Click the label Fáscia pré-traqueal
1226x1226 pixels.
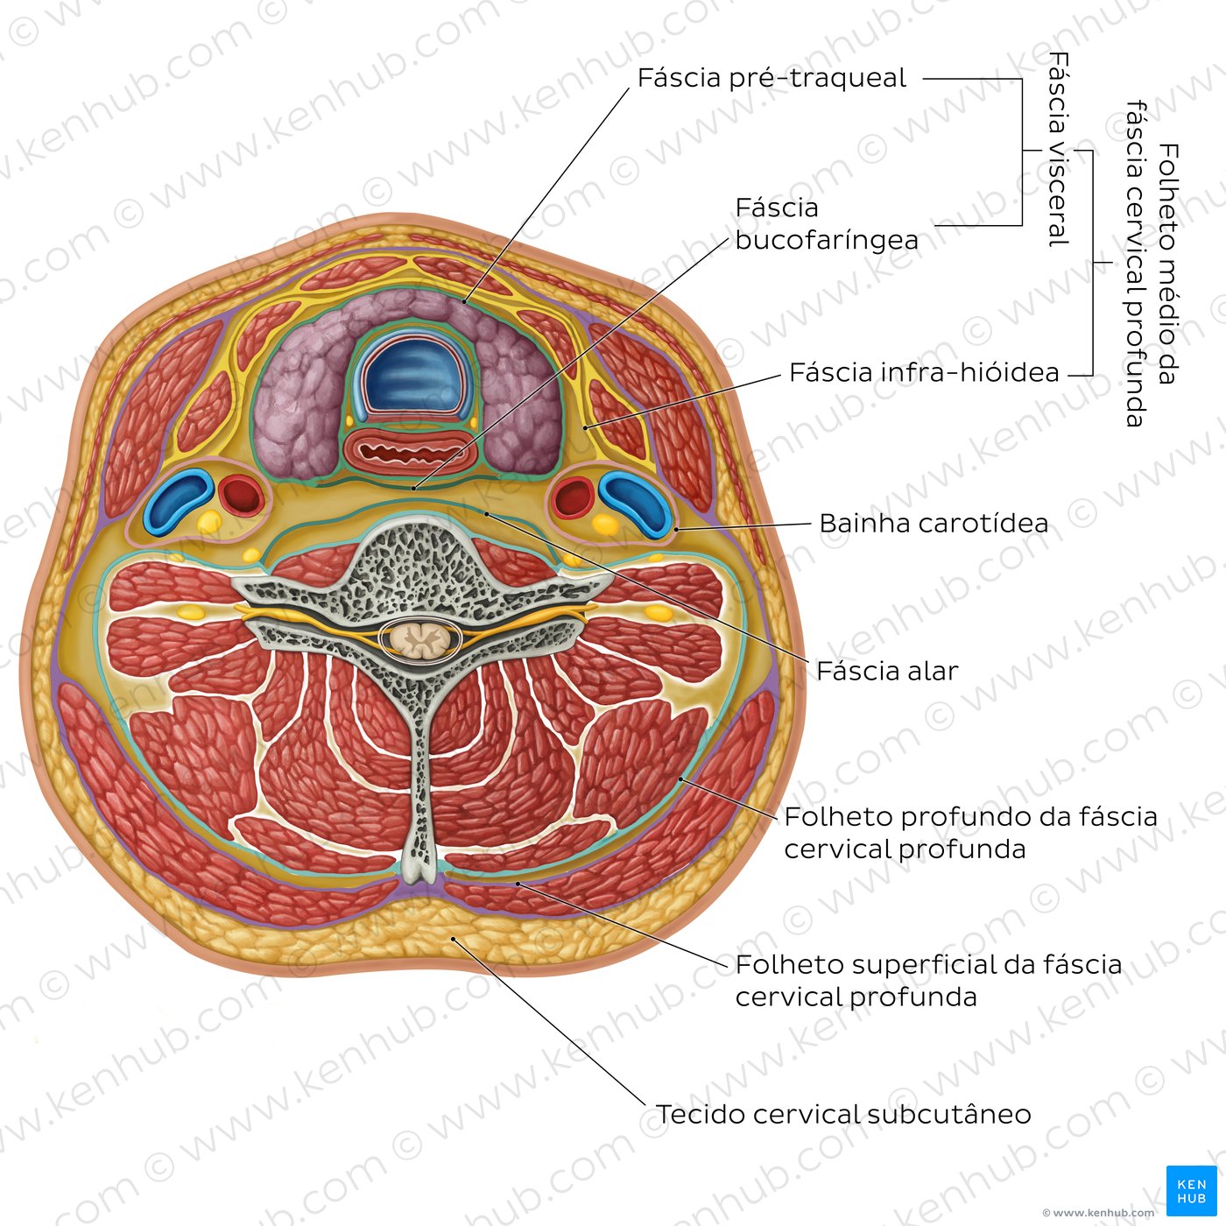(x=772, y=78)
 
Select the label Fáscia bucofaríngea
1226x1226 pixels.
(x=827, y=224)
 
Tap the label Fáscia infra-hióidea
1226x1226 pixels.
(x=924, y=372)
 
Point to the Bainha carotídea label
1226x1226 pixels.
(x=934, y=523)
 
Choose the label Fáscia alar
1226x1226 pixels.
(x=887, y=671)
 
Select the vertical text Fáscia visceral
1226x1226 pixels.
(x=1059, y=150)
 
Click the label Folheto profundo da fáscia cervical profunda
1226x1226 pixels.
(x=970, y=833)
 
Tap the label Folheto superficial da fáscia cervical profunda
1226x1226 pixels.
(x=928, y=981)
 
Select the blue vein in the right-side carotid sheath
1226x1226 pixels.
(x=636, y=501)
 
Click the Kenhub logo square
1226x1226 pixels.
(x=1191, y=1191)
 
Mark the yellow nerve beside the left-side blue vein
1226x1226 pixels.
(x=208, y=522)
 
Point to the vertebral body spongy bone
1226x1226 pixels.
(x=417, y=560)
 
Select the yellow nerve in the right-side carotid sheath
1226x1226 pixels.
(x=605, y=524)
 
